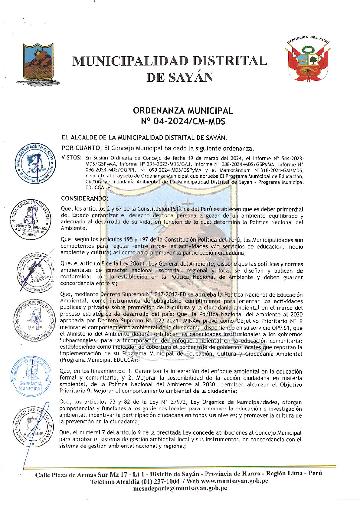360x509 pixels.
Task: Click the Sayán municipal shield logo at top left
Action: click(x=38, y=64)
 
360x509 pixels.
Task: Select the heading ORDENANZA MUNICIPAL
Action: click(x=183, y=111)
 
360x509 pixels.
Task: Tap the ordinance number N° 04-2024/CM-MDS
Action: click(x=183, y=122)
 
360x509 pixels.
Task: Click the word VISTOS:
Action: click(x=71, y=158)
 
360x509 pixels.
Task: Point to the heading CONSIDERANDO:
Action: click(x=84, y=199)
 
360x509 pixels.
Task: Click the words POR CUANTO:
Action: click(x=77, y=148)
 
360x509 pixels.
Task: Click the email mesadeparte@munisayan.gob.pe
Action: click(x=180, y=488)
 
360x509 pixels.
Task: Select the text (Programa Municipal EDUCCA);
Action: click(x=99, y=360)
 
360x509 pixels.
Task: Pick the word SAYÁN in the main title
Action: click(x=191, y=77)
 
